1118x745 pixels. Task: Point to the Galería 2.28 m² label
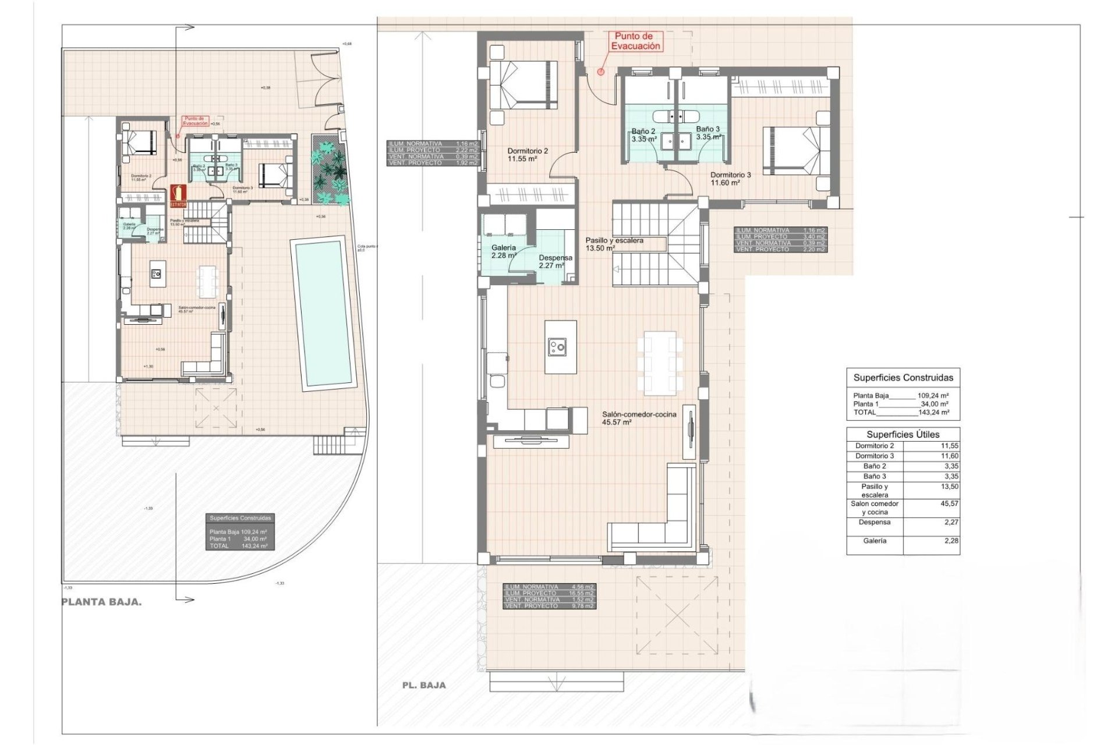(x=504, y=251)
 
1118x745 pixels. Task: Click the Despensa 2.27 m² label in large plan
(x=555, y=261)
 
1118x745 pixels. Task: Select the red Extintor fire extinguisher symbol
(x=178, y=196)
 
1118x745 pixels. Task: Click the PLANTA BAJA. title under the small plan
(x=101, y=602)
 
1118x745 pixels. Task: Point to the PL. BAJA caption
(x=424, y=685)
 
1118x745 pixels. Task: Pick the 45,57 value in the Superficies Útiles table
(x=949, y=503)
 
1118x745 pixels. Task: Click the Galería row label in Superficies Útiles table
(x=875, y=541)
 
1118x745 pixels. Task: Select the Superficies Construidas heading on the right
(x=903, y=377)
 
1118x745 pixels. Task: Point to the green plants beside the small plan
(x=330, y=172)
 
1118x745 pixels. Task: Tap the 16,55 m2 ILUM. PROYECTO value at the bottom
(x=581, y=593)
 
